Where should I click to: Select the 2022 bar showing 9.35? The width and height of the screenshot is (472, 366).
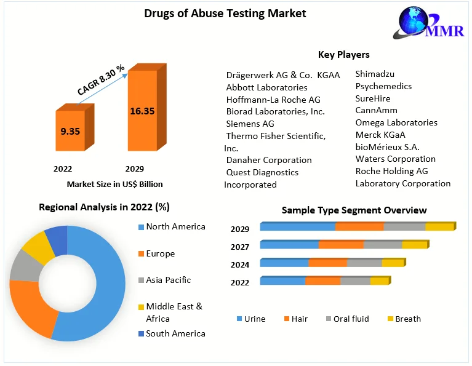pos(73,130)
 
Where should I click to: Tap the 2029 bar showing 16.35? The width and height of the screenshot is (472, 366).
pos(142,111)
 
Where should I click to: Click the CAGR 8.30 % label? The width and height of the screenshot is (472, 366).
pos(101,79)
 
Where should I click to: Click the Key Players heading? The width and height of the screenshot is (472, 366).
pos(343,55)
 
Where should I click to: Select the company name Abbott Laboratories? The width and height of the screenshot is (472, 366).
pos(266,87)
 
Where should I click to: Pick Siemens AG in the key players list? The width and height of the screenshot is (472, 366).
pos(250,124)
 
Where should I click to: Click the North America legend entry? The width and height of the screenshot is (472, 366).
pos(175,227)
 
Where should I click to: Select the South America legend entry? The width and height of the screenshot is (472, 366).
pos(175,333)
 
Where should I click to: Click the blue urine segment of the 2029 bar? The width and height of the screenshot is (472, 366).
pos(297,227)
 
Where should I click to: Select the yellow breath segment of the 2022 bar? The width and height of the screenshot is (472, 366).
pos(379,281)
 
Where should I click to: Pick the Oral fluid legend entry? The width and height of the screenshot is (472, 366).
pos(351,319)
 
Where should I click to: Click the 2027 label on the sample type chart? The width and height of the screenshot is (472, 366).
pos(240,247)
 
